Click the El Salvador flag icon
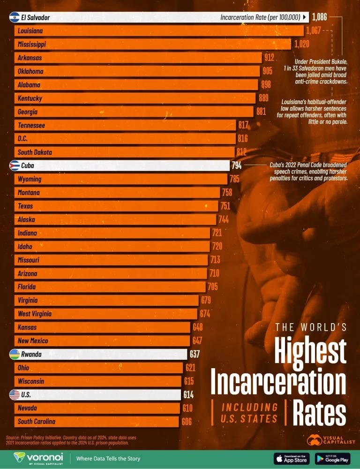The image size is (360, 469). tap(15, 18)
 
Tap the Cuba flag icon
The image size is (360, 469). tap(15, 166)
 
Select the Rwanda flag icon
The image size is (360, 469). tap(15, 355)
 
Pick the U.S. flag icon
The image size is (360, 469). tap(15, 395)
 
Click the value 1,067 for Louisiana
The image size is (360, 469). tap(314, 31)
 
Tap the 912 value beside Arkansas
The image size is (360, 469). tap(269, 58)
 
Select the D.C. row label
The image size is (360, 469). tap(24, 139)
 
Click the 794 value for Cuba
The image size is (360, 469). tap(236, 166)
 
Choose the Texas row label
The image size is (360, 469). tap(25, 206)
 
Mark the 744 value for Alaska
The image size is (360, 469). tap(224, 219)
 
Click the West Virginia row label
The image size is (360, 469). tap(35, 314)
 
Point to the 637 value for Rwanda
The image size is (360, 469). tap(194, 355)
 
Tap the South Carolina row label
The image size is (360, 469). tap(37, 422)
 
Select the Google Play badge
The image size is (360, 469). tap(332, 458)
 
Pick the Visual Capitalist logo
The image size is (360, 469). tap(331, 439)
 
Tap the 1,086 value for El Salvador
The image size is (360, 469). tap(319, 18)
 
